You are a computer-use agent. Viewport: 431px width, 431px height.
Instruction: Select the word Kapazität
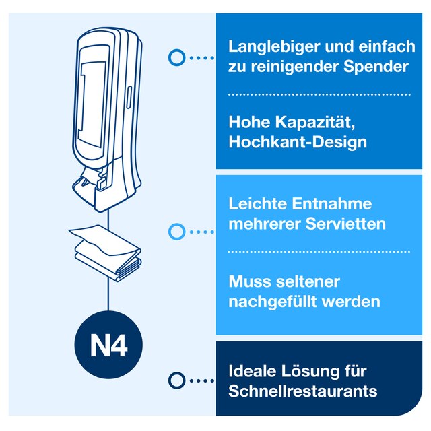[x=315, y=122]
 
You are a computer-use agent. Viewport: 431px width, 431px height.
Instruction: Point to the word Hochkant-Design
[x=298, y=142]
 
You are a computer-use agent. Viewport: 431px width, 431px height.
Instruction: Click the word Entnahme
[x=332, y=204]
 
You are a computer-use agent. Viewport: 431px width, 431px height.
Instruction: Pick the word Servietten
[x=345, y=224]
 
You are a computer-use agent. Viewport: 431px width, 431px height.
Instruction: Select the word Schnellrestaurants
[x=302, y=391]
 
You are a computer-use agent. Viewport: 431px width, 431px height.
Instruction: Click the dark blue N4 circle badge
[x=108, y=345]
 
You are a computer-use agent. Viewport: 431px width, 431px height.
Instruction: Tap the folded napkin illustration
[x=106, y=252]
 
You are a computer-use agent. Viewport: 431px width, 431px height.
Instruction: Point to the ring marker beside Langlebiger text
[x=176, y=57]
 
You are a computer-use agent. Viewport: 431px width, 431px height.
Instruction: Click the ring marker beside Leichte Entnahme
[x=176, y=232]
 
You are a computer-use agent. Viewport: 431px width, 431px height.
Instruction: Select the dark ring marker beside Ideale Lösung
[x=176, y=380]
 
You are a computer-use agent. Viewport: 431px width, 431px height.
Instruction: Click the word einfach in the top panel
[x=387, y=47]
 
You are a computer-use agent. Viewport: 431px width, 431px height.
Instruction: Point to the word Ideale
[x=253, y=371]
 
